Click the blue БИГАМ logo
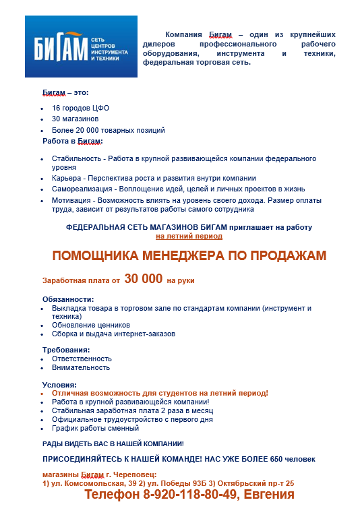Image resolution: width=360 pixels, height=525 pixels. pyautogui.click(x=80, y=48)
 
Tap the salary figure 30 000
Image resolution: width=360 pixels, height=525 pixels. pyautogui.click(x=144, y=279)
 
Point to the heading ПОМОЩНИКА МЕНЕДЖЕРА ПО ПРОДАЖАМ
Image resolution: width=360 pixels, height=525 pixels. pyautogui.click(x=179, y=255)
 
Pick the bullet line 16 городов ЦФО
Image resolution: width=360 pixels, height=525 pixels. pyautogui.click(x=80, y=108)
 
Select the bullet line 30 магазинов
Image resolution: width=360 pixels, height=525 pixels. pyautogui.click(x=75, y=119)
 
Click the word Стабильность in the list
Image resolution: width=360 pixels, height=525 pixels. pyautogui.click(x=76, y=158)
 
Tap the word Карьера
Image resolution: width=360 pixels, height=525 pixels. pyautogui.click(x=67, y=178)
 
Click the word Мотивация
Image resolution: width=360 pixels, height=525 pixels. pyautogui.click(x=71, y=200)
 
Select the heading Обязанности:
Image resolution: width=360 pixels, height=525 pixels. pyautogui.click(x=68, y=299)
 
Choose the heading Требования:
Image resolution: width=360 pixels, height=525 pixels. pyautogui.click(x=66, y=350)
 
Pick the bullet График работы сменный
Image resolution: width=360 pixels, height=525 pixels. pyautogui.click(x=95, y=428)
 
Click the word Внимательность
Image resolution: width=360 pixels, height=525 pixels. pyautogui.click(x=80, y=367)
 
